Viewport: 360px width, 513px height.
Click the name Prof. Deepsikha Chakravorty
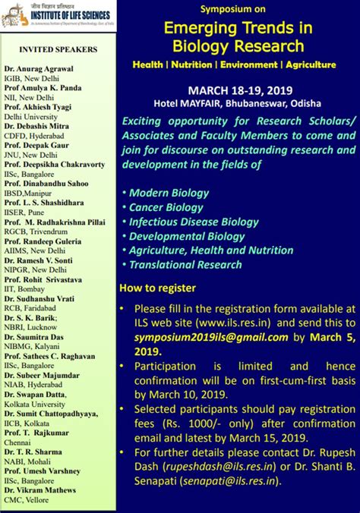coord(54,163)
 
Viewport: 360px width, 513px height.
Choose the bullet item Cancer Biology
coord(166,207)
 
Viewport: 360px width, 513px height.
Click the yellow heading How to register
coord(157,288)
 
